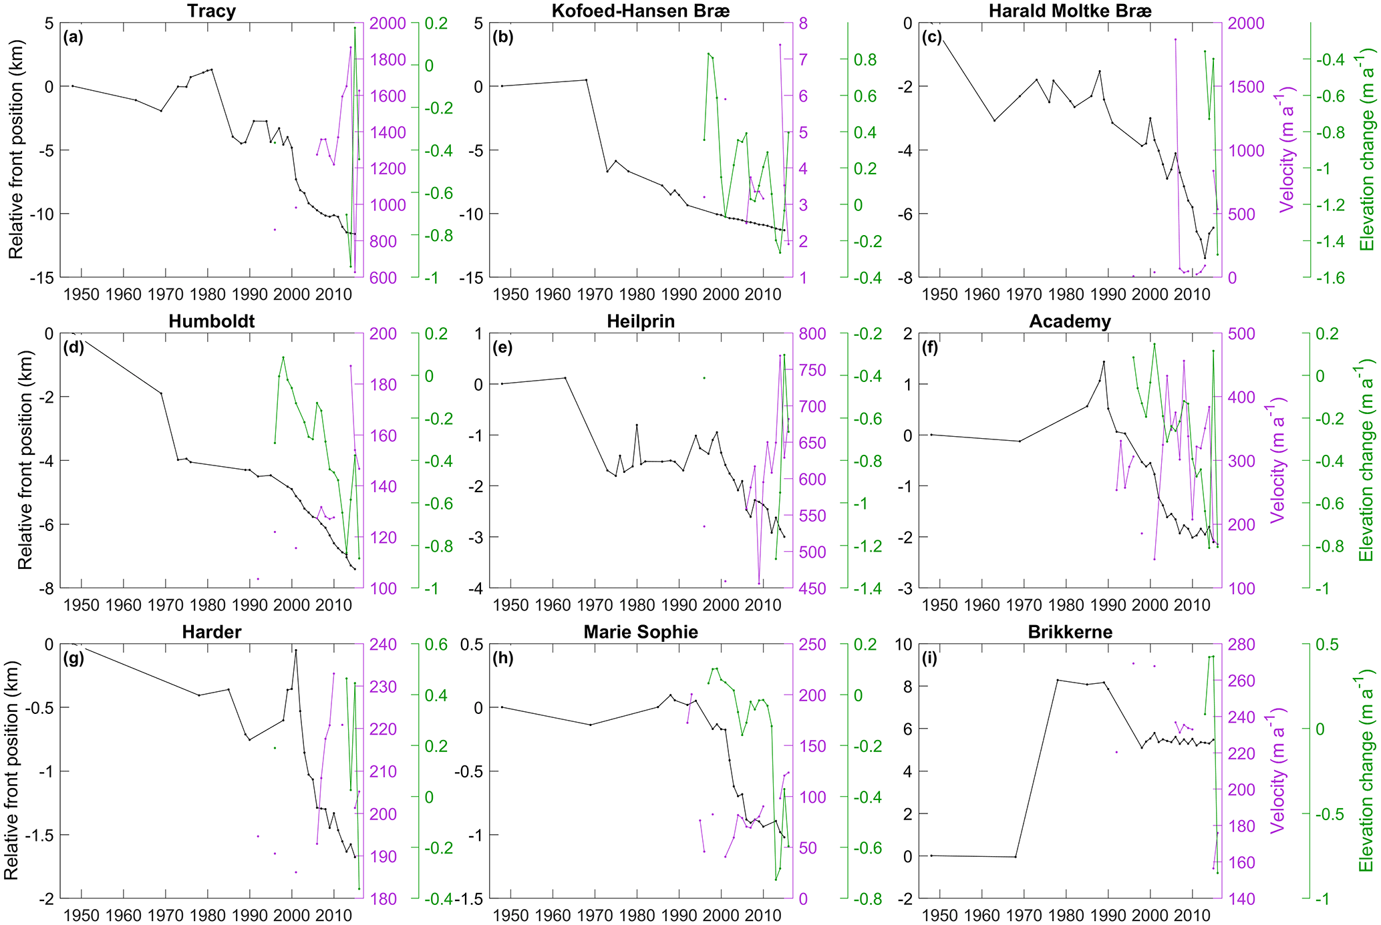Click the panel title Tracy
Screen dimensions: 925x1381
pos(211,11)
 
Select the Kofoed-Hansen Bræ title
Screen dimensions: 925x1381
pos(640,11)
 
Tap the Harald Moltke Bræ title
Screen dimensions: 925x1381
pos(1070,11)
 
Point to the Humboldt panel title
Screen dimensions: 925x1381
pos(211,321)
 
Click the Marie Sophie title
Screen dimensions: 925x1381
pos(640,632)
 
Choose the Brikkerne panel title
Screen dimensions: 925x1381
pos(1070,632)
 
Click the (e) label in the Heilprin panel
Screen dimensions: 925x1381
pos(502,347)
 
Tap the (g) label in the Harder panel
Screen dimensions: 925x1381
pos(73,658)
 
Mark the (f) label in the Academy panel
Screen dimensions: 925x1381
pos(931,347)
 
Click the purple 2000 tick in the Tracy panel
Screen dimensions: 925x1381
pos(388,23)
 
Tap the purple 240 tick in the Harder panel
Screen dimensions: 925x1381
pos(383,644)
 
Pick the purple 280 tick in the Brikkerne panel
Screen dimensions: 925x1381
pos(1241,644)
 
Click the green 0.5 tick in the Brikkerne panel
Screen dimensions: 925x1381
pos(1328,644)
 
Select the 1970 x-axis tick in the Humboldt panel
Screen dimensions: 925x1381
pos(166,605)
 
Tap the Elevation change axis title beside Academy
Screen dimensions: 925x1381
pos(1366,461)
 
